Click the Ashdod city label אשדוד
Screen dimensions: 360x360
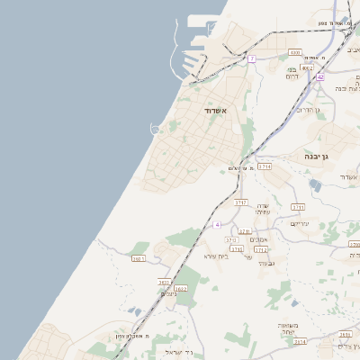pos(216,110)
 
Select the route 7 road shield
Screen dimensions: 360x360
pos(253,58)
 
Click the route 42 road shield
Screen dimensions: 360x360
pos(320,76)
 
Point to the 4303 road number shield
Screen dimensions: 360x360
pos(296,53)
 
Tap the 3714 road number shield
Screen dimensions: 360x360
pos(264,166)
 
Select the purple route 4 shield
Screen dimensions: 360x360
pos(217,223)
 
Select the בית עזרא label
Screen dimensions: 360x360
pos(217,256)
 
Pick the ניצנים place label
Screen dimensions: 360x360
pos(169,294)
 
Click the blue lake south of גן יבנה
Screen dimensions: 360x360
pos(314,184)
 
